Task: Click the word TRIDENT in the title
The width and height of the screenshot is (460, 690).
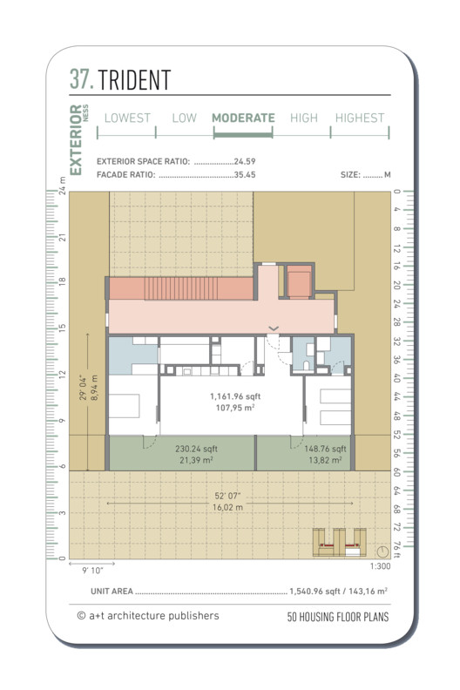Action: tap(134, 79)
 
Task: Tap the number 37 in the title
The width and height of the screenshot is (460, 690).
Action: tap(81, 79)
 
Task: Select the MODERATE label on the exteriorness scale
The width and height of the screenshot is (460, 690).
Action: tap(243, 118)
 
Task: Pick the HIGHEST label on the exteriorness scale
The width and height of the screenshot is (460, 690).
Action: tap(360, 118)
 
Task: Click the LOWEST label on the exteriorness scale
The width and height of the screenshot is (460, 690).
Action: tap(127, 118)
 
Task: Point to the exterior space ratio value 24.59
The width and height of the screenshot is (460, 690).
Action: tap(245, 161)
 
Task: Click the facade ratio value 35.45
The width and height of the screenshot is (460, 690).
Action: tap(245, 175)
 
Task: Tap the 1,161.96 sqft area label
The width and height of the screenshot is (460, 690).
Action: tap(235, 396)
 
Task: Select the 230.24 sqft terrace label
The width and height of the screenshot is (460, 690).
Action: tap(196, 449)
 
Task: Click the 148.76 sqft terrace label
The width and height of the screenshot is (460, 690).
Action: tap(325, 449)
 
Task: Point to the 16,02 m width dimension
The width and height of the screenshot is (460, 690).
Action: tap(227, 507)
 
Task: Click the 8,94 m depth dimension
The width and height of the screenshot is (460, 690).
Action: tap(94, 387)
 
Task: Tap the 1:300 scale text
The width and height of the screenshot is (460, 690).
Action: tap(380, 566)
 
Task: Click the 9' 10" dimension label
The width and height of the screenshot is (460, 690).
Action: tap(92, 571)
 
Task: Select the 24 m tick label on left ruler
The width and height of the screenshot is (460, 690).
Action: tap(62, 186)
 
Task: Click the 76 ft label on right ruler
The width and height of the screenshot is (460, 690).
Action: tap(396, 550)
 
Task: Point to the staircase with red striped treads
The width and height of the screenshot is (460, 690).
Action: tap(181, 288)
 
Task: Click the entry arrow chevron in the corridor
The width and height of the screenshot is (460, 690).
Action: tap(274, 328)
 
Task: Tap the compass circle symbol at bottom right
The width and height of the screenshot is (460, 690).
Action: tap(382, 551)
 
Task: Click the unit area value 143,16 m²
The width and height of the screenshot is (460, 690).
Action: tap(368, 591)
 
